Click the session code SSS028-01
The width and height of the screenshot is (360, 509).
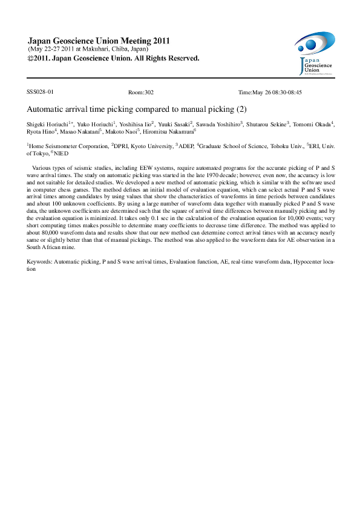point(40,92)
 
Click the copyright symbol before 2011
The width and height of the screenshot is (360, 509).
point(31,59)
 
